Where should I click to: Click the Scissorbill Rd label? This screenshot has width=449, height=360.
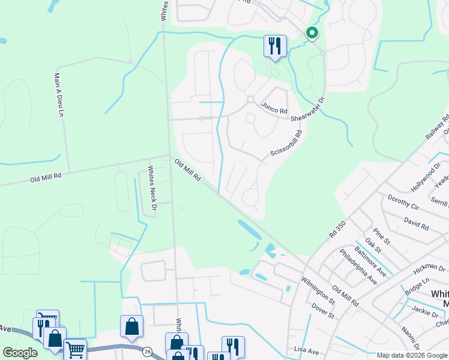(x=285, y=145)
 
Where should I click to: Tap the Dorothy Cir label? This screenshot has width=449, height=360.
(x=403, y=203)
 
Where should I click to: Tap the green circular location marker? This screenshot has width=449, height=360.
(x=312, y=34)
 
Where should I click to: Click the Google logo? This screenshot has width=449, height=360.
(x=20, y=353)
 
